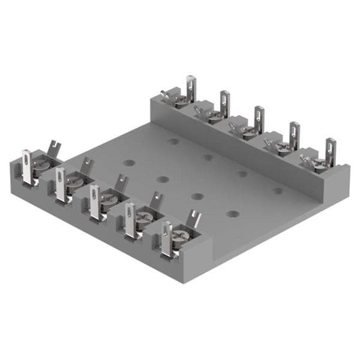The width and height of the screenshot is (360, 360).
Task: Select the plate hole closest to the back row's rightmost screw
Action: [x=278, y=191]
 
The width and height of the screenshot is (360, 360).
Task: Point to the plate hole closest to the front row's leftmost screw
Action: [x=127, y=163]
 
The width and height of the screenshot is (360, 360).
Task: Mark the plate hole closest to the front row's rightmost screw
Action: [x=233, y=214]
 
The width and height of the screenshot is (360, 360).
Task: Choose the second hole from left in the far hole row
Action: [x=208, y=158]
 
